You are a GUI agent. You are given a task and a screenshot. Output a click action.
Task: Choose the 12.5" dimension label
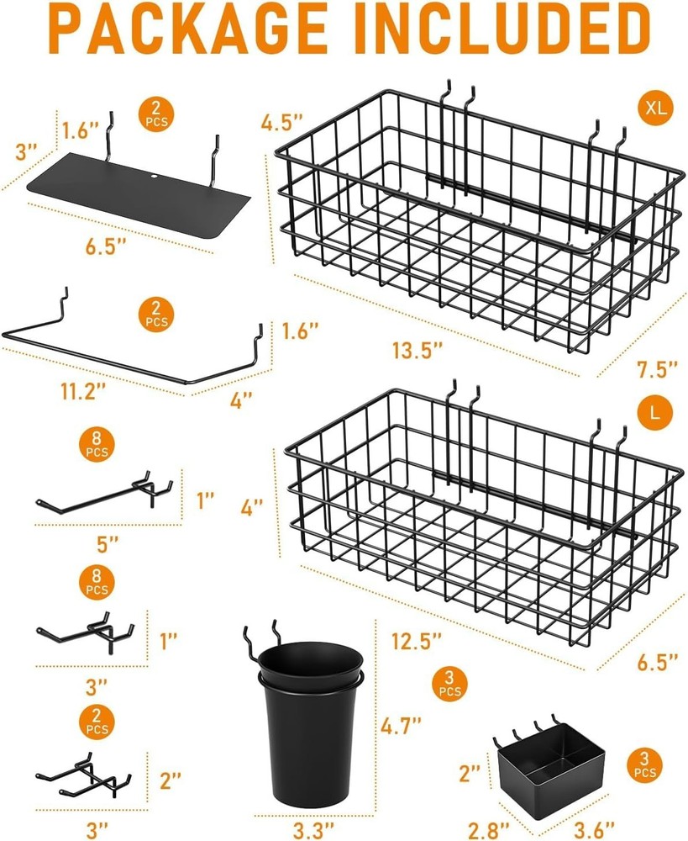pos(418,642)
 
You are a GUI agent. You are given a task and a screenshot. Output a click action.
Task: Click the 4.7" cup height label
pos(400,722)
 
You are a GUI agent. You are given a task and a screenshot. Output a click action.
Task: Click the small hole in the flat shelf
pos(155,177)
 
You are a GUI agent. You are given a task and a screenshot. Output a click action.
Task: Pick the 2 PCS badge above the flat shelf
pos(156,113)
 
